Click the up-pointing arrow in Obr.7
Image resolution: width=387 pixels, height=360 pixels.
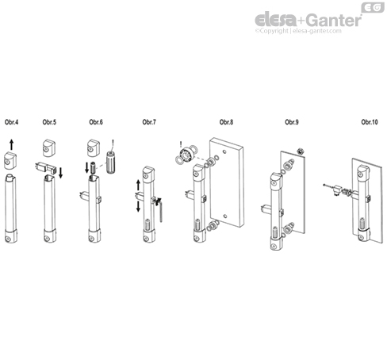click(x=140, y=186)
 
